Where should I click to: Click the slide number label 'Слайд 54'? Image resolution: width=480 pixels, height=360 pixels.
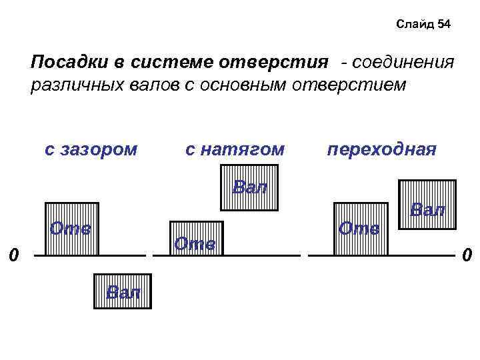click(423, 25)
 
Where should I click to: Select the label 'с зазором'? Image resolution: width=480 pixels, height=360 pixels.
click(91, 149)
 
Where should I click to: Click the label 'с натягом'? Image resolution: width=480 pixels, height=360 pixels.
click(234, 149)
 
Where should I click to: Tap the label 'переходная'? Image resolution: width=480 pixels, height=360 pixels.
click(381, 149)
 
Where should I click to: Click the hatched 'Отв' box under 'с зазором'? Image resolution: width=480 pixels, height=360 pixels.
click(71, 229)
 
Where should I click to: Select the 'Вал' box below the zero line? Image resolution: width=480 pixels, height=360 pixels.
click(123, 291)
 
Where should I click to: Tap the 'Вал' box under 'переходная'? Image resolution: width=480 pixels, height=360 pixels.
click(427, 211)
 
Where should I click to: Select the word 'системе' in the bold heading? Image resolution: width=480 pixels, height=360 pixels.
click(173, 63)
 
